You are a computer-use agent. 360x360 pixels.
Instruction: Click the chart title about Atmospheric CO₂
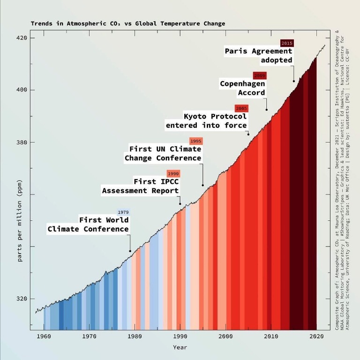click(128, 23)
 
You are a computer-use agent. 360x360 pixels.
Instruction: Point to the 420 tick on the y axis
click(22, 38)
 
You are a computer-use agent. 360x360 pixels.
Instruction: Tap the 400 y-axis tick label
click(22, 90)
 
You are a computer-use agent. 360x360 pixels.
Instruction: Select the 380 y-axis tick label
click(22, 142)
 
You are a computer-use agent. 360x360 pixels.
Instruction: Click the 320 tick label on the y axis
click(22, 299)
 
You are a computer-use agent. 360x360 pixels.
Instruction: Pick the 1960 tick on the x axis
click(44, 336)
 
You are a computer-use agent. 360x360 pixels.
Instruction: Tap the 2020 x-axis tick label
click(316, 336)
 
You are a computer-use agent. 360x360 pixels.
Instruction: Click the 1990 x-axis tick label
click(180, 336)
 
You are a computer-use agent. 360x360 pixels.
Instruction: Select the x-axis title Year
click(180, 347)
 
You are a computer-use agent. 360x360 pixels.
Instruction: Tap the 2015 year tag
click(287, 43)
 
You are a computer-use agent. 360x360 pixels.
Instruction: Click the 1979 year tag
click(123, 212)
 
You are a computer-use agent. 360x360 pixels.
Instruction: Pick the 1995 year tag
click(196, 141)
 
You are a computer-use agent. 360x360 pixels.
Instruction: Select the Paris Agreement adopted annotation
click(259, 55)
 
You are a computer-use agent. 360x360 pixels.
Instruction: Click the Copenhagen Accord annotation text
click(243, 88)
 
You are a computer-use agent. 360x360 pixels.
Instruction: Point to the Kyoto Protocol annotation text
click(207, 121)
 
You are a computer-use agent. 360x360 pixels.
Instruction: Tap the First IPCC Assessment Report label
click(141, 186)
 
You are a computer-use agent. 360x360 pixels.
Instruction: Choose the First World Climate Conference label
click(88, 225)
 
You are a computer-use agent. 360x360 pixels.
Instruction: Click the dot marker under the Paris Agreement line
click(294, 81)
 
